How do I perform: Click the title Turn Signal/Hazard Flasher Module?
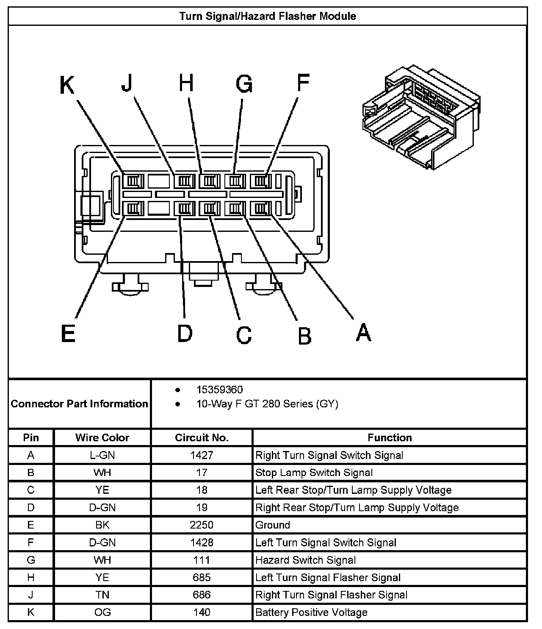(268, 16)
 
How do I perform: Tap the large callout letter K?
(67, 85)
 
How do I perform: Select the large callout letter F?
(303, 82)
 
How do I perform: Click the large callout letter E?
(68, 333)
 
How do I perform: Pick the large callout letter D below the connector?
(185, 333)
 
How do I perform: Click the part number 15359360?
(219, 390)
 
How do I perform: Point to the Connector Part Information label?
(80, 404)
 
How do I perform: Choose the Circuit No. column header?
(202, 437)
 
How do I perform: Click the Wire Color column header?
(102, 437)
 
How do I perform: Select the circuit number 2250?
(202, 525)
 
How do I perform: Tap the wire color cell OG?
(102, 612)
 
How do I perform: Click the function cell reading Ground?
(273, 525)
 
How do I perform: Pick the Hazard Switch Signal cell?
(305, 560)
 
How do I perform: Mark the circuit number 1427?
(202, 455)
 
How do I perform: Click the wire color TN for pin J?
(102, 595)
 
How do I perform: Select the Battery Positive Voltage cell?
(311, 612)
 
